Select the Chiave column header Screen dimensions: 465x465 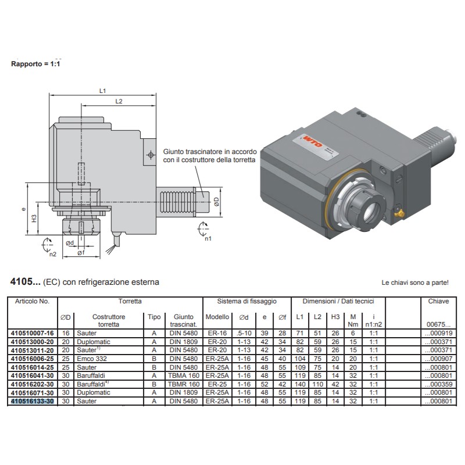coord(438,302)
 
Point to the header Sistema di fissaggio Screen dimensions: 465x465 coord(246,302)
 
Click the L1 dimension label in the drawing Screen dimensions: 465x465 coord(102,91)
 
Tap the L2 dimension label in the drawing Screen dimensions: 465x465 coord(119,102)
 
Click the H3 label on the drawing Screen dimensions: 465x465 coord(34,220)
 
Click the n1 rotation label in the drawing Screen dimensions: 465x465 coord(208,238)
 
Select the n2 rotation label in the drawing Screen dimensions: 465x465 coord(52,254)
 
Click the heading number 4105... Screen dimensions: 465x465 coord(24,282)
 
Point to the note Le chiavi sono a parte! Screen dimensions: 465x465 coord(414,283)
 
